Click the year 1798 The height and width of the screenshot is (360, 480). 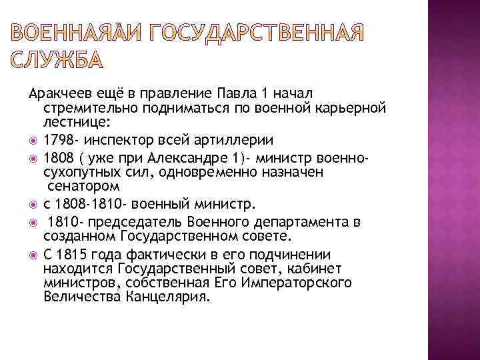click(57, 141)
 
